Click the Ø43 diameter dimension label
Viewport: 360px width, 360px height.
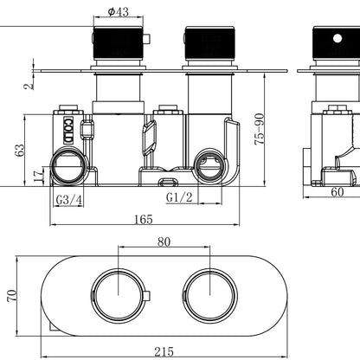click(119, 11)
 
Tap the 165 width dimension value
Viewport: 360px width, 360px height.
click(144, 219)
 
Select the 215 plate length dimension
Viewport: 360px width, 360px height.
click(164, 351)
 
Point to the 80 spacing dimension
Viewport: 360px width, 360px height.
click(164, 241)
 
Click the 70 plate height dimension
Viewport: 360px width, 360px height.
click(12, 296)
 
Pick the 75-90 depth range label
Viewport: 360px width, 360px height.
click(260, 129)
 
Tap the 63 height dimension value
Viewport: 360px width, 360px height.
click(20, 151)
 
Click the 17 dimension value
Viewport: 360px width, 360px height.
click(38, 176)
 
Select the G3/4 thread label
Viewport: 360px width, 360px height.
click(68, 199)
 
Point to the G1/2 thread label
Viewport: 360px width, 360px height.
click(179, 197)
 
